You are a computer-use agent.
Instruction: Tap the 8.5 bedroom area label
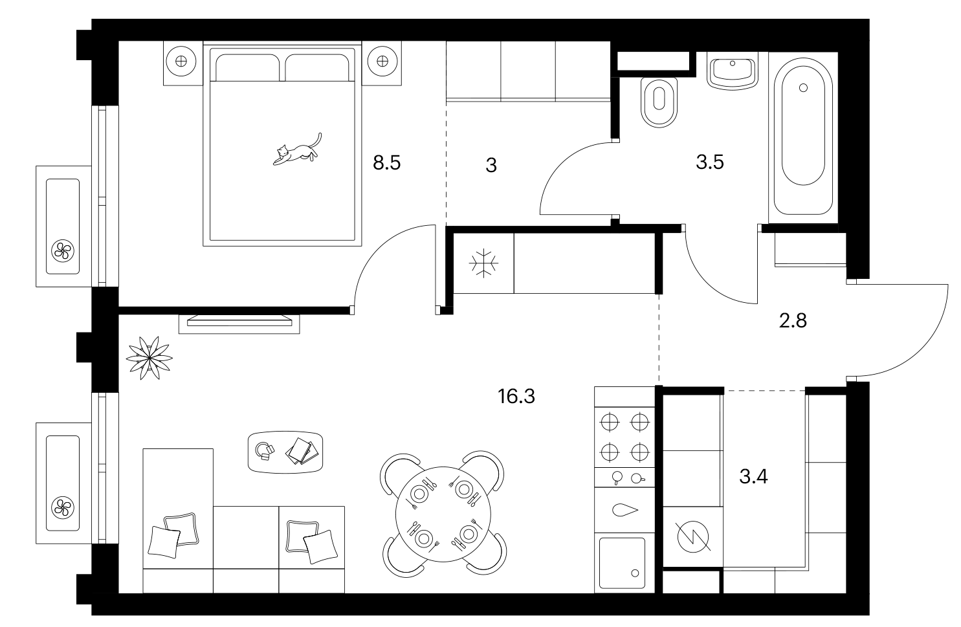pyautogui.click(x=386, y=163)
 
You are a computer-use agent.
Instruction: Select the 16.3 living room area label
pyautogui.click(x=516, y=396)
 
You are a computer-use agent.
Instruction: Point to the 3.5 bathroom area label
pyautogui.click(x=710, y=162)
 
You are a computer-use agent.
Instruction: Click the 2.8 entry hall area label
pyautogui.click(x=793, y=321)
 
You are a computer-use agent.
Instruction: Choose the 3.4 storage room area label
pyautogui.click(x=753, y=476)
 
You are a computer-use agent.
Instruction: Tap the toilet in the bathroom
pyautogui.click(x=659, y=102)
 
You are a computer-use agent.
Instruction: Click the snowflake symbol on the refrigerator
pyautogui.click(x=483, y=263)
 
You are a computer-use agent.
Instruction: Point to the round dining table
pyautogui.click(x=443, y=514)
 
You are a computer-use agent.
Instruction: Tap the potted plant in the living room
pyautogui.click(x=149, y=358)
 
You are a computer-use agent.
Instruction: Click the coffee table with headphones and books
pyautogui.click(x=285, y=452)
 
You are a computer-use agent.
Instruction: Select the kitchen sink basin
pyautogui.click(x=622, y=563)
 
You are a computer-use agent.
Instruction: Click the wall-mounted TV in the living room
pyautogui.click(x=239, y=320)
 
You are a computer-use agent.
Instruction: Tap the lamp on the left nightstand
pyautogui.click(x=181, y=61)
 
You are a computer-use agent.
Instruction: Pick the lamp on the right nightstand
pyautogui.click(x=382, y=61)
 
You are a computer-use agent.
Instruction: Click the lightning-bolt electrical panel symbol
pyautogui.click(x=692, y=536)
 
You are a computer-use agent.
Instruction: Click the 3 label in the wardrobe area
pyautogui.click(x=491, y=165)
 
